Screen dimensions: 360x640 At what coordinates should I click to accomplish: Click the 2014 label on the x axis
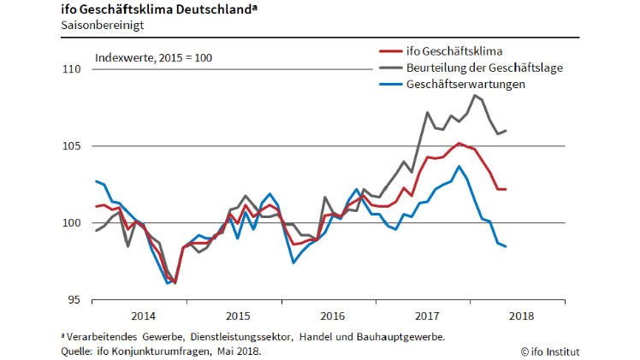click(142, 316)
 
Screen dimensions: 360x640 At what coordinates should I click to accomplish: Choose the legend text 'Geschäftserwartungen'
click(466, 85)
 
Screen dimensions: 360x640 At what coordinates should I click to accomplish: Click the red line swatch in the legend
click(389, 50)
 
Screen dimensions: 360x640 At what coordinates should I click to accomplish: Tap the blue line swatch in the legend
click(389, 85)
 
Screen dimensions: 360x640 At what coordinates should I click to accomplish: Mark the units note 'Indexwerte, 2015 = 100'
click(153, 58)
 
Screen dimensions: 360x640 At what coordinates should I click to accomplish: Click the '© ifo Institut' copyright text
click(550, 351)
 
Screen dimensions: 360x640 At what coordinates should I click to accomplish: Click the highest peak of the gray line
click(475, 95)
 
